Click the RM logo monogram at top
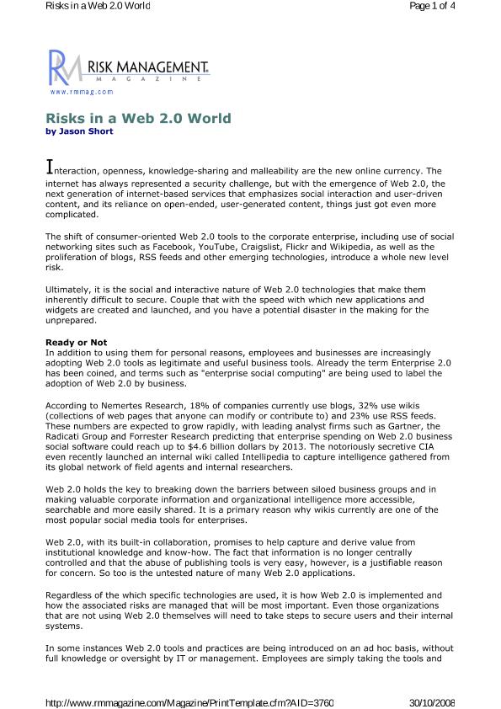point(61,67)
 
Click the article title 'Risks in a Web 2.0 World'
point(138,119)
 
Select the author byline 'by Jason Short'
point(79,131)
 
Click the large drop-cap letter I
point(49,165)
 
